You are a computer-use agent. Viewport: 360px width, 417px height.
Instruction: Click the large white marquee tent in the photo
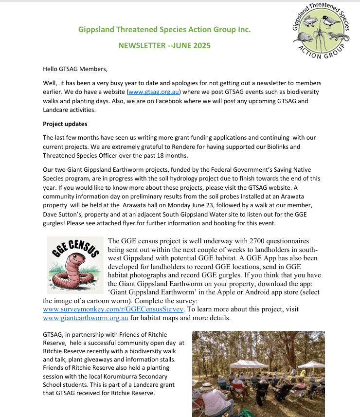(249, 364)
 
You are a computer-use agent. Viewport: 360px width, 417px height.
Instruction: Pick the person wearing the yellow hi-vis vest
(303, 374)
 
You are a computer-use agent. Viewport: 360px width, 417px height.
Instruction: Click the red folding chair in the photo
(238, 385)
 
